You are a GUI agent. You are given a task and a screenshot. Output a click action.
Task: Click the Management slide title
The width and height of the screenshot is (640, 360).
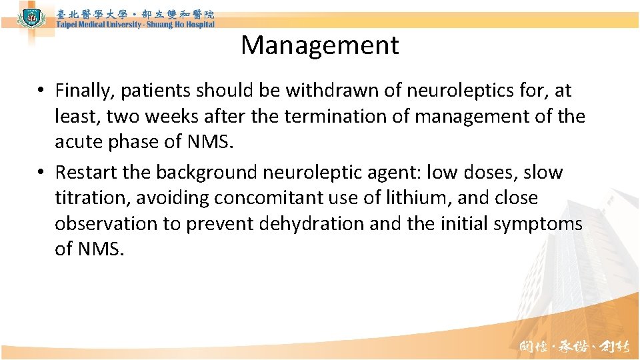(x=320, y=45)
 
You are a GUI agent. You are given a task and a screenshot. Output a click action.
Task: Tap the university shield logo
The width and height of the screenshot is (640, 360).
(x=29, y=16)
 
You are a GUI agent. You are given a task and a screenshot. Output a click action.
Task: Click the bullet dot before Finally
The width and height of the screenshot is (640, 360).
(x=41, y=91)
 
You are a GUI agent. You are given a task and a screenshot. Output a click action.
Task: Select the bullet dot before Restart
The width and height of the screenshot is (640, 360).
(x=41, y=173)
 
